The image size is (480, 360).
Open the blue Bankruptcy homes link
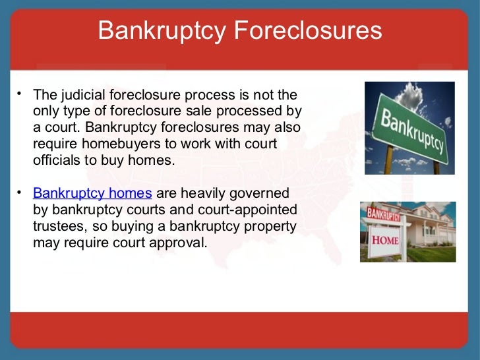tap(92, 193)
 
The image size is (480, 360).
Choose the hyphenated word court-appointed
tap(241, 210)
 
